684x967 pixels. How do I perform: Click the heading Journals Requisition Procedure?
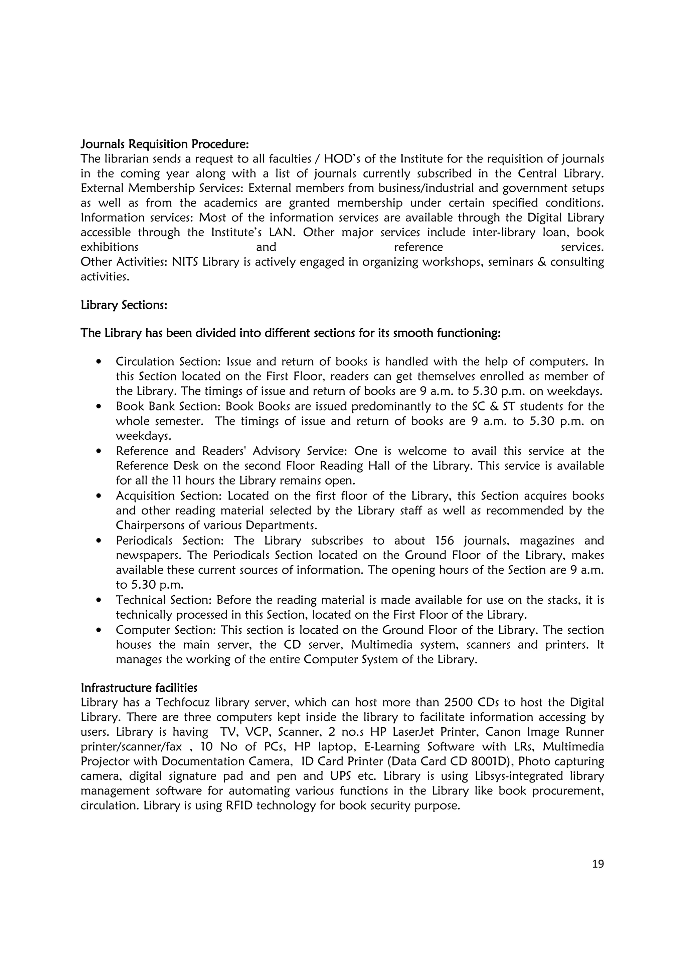click(x=165, y=144)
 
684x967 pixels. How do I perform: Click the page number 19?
click(x=597, y=864)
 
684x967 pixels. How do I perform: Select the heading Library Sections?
click(x=124, y=305)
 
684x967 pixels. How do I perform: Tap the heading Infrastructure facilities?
click(x=139, y=688)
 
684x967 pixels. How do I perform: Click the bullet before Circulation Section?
click(x=99, y=362)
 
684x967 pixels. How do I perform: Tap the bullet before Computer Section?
click(x=99, y=631)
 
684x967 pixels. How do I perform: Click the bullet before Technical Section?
click(x=99, y=600)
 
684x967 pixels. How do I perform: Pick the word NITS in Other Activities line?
click(x=185, y=262)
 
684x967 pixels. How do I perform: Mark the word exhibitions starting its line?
click(x=109, y=247)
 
